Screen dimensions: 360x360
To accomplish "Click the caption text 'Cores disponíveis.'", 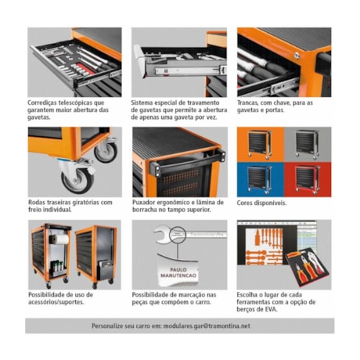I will coord(261,202).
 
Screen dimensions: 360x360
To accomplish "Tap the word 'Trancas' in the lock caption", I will coord(249,102).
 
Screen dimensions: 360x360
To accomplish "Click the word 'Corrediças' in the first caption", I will coord(45,102).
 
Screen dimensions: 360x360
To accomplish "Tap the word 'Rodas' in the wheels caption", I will coord(37,202).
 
